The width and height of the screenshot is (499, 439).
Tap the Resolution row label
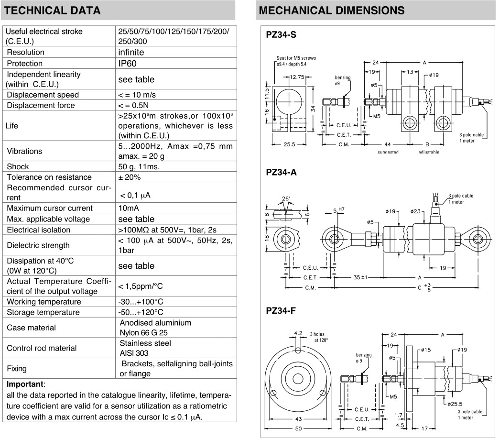click(25, 52)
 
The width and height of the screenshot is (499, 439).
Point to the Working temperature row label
click(43, 302)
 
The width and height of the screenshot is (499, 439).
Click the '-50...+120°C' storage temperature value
click(141, 312)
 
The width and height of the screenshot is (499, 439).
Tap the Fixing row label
click(17, 369)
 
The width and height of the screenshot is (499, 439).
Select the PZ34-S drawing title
click(282, 35)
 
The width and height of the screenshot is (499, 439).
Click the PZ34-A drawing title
click(282, 172)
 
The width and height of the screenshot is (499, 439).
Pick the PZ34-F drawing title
click(281, 311)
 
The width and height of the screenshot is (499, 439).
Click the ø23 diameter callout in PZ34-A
click(415, 211)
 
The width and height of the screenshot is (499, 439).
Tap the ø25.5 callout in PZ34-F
click(456, 404)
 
